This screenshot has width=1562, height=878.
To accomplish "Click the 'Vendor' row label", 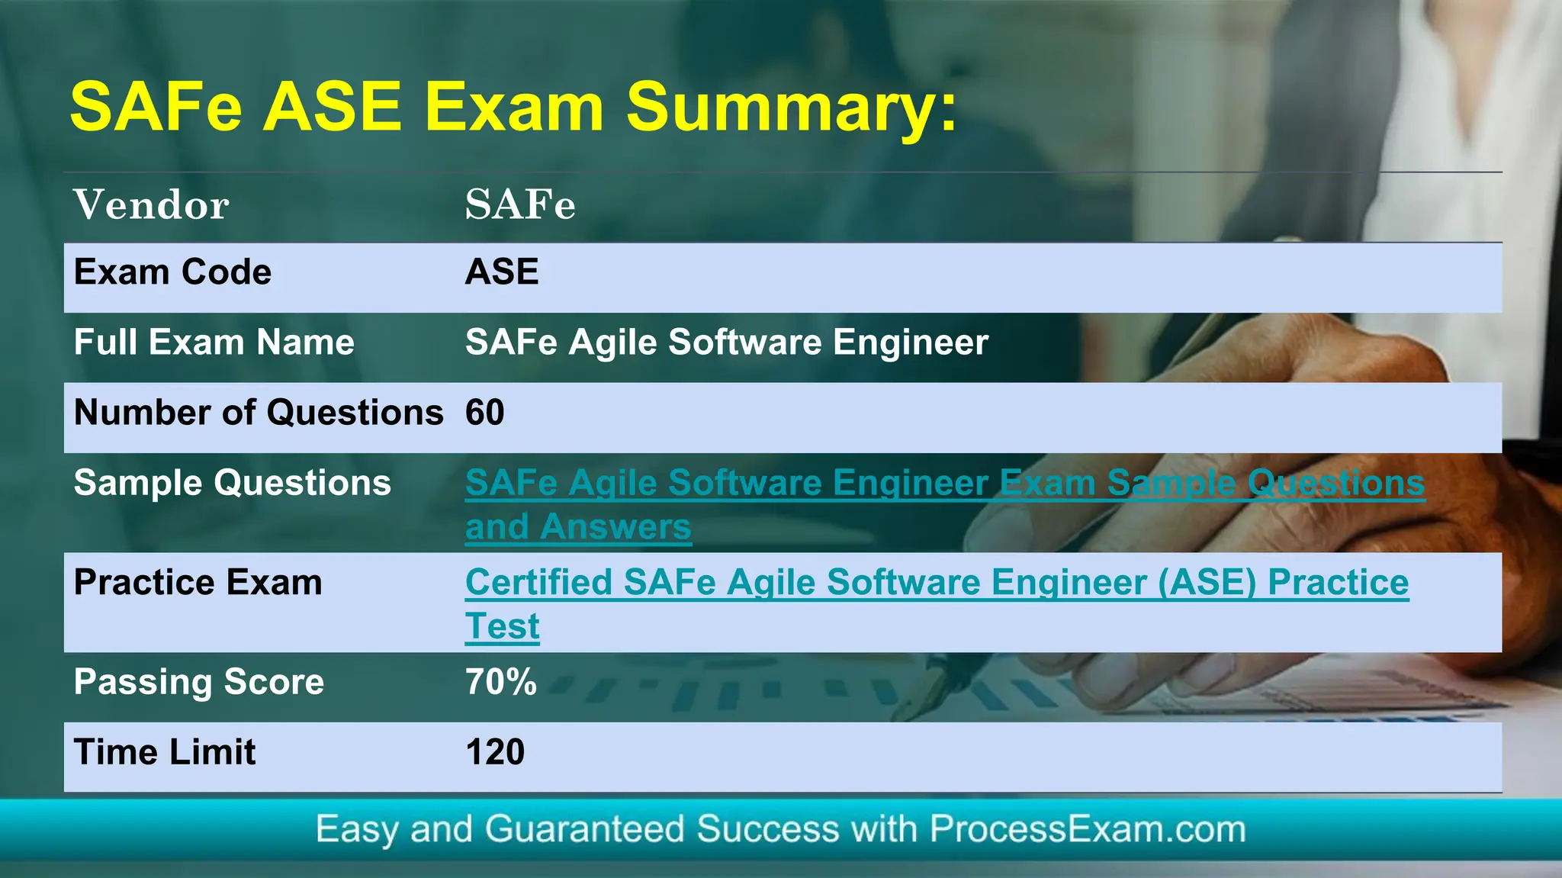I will tap(151, 204).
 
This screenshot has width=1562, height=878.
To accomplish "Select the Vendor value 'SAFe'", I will tap(520, 204).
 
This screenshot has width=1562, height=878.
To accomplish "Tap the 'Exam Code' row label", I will tap(172, 272).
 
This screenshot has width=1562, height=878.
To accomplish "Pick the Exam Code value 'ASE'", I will tap(502, 272).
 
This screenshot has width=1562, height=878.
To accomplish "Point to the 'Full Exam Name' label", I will tap(214, 342).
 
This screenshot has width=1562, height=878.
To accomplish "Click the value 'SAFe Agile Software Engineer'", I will tap(726, 342).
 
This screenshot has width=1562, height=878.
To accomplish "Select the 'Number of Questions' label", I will tap(258, 413).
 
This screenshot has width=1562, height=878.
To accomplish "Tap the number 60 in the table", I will tap(485, 413).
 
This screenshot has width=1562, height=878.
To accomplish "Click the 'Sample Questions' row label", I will tap(232, 483).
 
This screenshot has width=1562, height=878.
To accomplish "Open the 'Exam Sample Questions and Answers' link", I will tap(944, 483).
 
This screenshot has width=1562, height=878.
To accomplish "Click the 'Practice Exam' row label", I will tap(198, 583).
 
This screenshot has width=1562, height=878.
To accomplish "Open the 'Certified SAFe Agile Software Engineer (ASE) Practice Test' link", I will tap(937, 583).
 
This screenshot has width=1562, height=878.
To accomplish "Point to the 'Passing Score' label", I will tap(198, 682).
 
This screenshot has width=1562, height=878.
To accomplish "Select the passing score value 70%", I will tap(501, 682).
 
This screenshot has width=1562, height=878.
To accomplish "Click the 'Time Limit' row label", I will tap(165, 752).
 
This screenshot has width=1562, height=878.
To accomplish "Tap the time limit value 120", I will tap(495, 752).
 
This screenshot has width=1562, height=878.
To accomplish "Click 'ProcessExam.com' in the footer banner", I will tap(1087, 829).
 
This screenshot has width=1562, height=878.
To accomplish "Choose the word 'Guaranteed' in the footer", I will tap(584, 829).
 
